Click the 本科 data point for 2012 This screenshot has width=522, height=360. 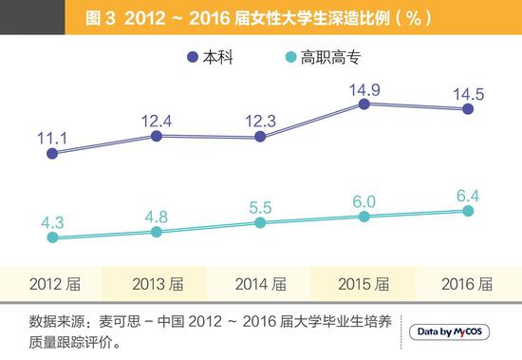[52, 152]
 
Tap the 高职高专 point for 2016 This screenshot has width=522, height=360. [468, 211]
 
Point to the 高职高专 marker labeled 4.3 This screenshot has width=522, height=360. [52, 237]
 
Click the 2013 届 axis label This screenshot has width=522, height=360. [157, 282]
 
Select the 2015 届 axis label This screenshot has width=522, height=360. [364, 282]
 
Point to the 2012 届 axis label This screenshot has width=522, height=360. [53, 282]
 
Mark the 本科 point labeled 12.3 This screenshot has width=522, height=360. [260, 137]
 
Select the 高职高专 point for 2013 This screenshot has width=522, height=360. [157, 231]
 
